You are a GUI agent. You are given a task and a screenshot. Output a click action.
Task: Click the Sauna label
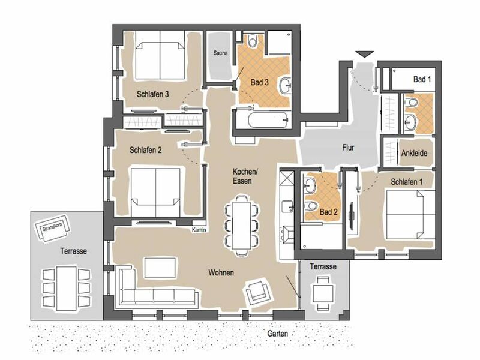[x=220, y=53]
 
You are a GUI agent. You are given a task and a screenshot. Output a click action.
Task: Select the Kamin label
[x=199, y=230]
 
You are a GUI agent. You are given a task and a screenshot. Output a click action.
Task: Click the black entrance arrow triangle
[x=365, y=53]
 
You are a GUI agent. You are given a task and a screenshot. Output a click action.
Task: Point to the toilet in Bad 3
[x=253, y=40]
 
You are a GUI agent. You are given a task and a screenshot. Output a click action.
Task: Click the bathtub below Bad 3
[x=268, y=121]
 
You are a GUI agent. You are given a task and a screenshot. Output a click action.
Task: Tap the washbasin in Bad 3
[x=286, y=85]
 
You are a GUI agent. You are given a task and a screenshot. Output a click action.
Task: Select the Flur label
[x=348, y=148]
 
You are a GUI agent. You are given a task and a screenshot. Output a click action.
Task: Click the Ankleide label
[x=414, y=153]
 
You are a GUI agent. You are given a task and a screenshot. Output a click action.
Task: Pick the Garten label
[x=277, y=333]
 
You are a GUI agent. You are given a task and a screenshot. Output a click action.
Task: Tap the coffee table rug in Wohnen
[x=160, y=268]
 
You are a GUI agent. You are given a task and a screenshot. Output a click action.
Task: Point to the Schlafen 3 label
[x=153, y=94]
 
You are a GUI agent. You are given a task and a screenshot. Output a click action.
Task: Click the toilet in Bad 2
[x=311, y=205]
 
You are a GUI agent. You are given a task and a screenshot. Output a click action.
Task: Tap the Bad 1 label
[x=422, y=79]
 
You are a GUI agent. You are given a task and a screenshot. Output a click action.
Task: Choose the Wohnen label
[x=221, y=272]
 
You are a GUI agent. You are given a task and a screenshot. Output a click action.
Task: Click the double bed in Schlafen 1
[x=410, y=214]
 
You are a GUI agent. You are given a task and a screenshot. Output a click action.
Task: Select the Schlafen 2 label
[x=146, y=150]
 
